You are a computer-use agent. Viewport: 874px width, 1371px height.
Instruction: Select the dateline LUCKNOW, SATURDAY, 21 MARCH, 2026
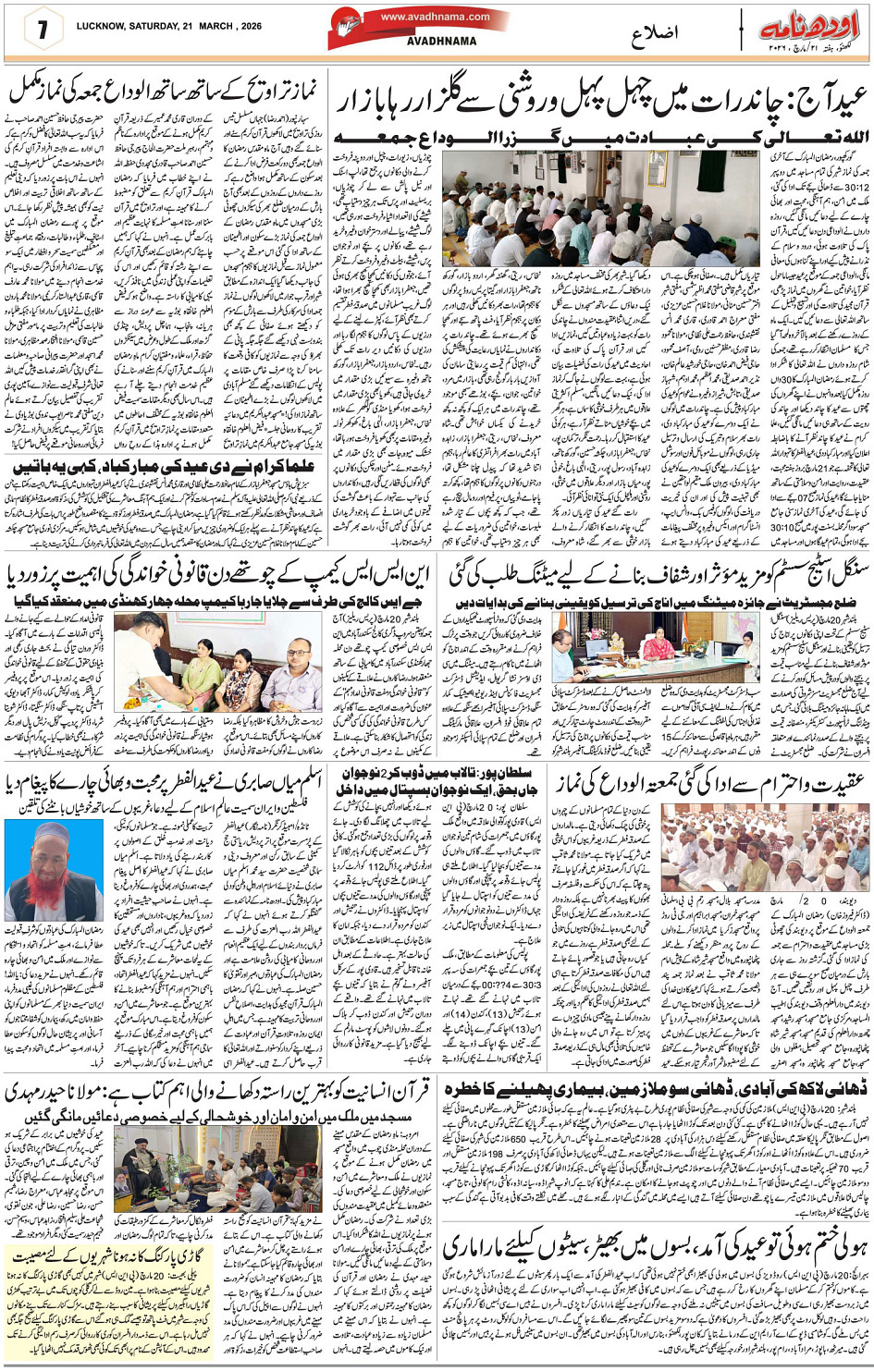pyautogui.click(x=169, y=27)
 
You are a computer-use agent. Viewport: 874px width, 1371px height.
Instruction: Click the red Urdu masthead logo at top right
pyautogui.click(x=809, y=27)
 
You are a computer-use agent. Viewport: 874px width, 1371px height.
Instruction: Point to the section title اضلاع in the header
pyautogui.click(x=654, y=35)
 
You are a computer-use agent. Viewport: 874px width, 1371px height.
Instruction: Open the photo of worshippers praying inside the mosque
pyautogui.click(x=601, y=209)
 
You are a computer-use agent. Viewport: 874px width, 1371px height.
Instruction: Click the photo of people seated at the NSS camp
pyautogui.click(x=218, y=661)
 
